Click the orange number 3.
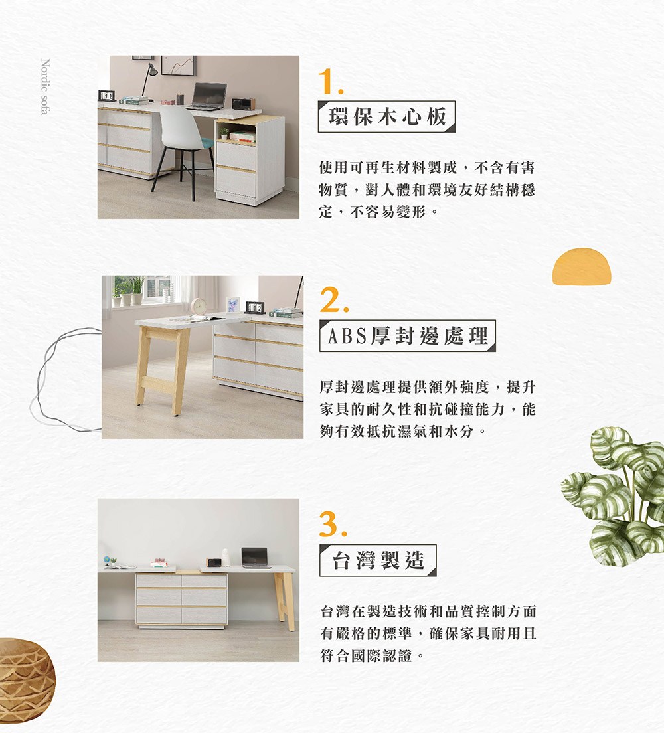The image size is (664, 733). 331,526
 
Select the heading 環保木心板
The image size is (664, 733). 386,117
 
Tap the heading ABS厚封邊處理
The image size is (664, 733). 407,336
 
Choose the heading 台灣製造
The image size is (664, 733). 378,560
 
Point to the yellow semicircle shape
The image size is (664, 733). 581,267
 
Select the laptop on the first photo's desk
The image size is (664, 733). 207,97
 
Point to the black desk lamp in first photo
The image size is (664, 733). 149,77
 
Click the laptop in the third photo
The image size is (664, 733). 256,558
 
